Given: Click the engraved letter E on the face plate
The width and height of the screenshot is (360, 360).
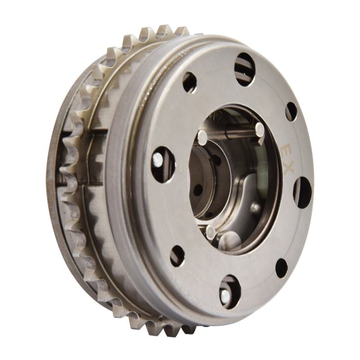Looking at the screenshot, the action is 287,150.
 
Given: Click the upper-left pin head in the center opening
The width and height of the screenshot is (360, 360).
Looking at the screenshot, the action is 203,137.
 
